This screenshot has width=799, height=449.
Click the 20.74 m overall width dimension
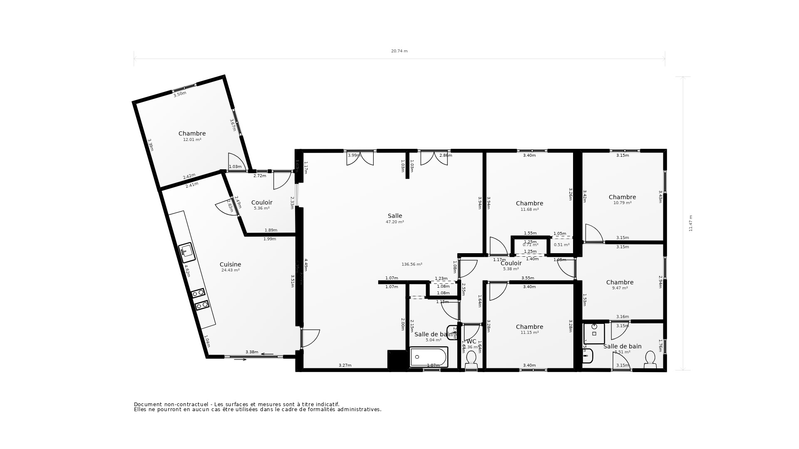pos(399,51)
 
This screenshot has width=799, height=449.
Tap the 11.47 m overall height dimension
pos(691,223)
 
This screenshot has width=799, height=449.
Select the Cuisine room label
pos(230,264)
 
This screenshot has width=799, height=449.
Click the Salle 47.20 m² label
pos(395,218)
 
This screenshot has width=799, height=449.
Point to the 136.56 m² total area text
pos(412,264)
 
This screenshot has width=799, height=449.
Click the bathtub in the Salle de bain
pos(429,357)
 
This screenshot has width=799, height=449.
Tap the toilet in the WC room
pos(471,358)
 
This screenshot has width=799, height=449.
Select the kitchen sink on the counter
pos(187,252)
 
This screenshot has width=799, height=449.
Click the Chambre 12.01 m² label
pos(192,136)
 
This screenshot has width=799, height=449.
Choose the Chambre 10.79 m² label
pos(622,200)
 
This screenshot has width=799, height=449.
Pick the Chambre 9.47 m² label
pos(620,285)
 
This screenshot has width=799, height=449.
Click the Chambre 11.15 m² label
pos(529,329)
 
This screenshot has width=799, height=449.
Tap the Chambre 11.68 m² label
pos(529,206)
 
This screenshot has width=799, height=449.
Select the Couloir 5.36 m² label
pos(262,205)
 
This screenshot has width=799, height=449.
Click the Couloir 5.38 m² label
pos(511,266)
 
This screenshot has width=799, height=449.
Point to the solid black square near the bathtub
pos(397,360)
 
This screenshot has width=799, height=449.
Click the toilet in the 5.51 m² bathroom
pos(650,359)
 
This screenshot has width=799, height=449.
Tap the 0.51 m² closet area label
pos(561,245)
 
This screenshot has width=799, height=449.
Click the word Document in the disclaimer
pos(147,404)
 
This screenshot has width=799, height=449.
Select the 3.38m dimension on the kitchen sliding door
pos(252,352)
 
